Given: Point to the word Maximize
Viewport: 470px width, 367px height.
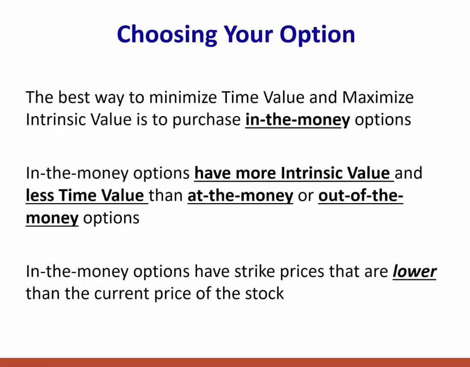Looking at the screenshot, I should coord(378,98).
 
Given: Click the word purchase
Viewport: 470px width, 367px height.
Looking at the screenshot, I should coord(206,120).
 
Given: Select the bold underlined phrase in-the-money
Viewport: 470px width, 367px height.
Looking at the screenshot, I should coord(297,120).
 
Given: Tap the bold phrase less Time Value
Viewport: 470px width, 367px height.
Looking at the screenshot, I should coord(85,195).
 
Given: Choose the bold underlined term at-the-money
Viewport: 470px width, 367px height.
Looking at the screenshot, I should coord(240,195).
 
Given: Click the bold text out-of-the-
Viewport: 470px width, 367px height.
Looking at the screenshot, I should coord(361,195).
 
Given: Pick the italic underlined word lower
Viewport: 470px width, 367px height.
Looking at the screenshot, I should coord(414,271).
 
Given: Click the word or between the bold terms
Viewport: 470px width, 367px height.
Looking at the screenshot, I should coord(305,195).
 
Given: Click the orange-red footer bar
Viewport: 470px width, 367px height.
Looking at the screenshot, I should coord(235,362).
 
